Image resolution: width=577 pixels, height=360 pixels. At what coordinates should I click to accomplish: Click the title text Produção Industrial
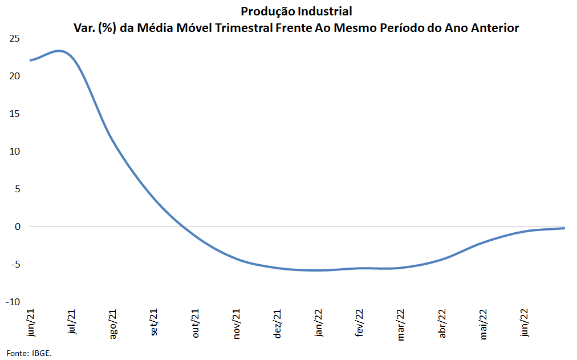pos(296,12)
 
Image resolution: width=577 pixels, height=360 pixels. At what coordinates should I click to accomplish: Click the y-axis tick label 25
pos(15,39)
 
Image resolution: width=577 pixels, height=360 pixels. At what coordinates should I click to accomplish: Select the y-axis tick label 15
pos(15,114)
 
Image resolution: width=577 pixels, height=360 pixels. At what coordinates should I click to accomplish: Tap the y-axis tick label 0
pos(17,226)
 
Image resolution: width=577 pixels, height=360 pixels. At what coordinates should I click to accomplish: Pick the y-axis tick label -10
pos(13,302)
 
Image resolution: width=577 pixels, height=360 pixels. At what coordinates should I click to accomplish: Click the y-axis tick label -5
pos(15,265)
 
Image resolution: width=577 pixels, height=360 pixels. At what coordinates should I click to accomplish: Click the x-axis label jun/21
pos(31,322)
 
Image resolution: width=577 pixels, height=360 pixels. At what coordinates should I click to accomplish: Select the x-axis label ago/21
pos(113,324)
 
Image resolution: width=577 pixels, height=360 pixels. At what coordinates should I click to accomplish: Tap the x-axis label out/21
pos(196,323)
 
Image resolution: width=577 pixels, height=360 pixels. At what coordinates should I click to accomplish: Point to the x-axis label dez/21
pos(278,323)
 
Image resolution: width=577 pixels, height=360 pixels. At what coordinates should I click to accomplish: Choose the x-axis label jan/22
pos(318,322)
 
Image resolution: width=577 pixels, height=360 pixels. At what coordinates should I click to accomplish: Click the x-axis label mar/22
pos(401,324)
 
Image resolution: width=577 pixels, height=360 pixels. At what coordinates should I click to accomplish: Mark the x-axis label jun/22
pos(524,322)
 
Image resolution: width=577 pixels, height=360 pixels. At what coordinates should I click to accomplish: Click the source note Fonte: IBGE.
pos(29,353)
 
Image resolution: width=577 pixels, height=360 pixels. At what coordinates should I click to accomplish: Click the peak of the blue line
pos(59,51)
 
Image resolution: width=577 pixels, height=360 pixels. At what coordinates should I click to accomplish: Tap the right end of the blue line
pos(564,228)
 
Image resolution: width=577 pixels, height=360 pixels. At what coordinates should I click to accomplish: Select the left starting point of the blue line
pos(31,60)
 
